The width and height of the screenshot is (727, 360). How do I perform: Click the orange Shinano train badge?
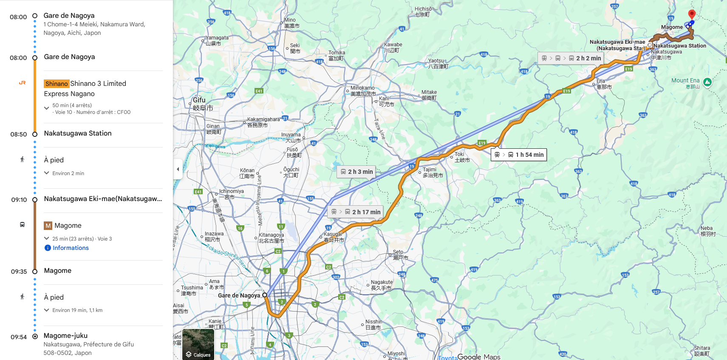click(x=57, y=84)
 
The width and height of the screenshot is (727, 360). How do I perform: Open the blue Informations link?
click(x=71, y=248)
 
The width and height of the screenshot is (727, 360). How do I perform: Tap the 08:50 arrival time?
click(x=19, y=134)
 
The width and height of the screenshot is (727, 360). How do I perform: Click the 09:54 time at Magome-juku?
click(x=19, y=337)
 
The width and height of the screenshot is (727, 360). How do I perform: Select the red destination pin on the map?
click(x=692, y=14)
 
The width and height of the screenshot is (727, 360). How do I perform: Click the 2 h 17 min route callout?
click(x=356, y=212)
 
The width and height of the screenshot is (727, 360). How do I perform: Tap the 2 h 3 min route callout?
click(x=356, y=172)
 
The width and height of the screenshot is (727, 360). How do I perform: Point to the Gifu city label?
click(x=200, y=100)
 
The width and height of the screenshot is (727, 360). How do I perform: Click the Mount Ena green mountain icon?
click(x=707, y=82)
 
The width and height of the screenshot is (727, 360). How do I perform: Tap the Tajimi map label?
click(x=430, y=170)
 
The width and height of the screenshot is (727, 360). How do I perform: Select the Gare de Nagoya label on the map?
click(x=239, y=295)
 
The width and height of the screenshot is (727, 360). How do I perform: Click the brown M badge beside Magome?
click(x=48, y=226)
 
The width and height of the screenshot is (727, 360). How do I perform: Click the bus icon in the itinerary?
click(x=22, y=224)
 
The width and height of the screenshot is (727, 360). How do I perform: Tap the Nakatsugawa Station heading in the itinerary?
click(x=78, y=133)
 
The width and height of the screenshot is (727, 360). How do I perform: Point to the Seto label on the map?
click(x=398, y=252)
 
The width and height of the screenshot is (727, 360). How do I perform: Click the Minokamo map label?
click(x=362, y=88)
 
